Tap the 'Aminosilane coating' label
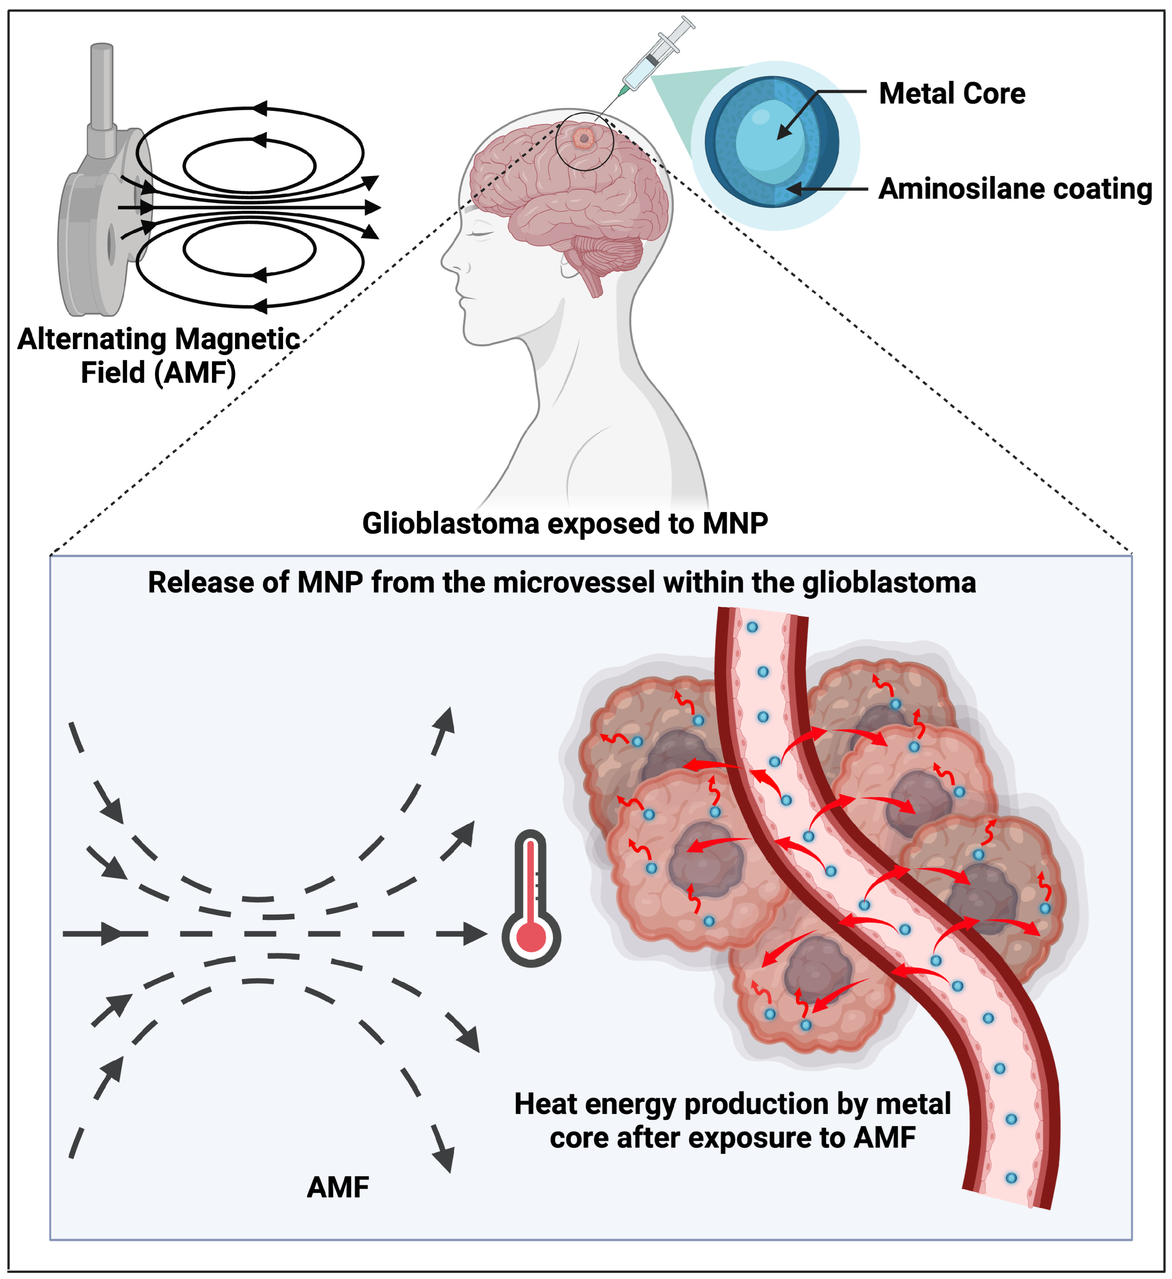tap(1015, 189)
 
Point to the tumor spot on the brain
tap(582, 138)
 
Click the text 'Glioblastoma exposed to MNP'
tap(565, 524)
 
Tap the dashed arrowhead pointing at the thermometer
tap(475, 934)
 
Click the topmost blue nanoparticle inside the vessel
tap(752, 627)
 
